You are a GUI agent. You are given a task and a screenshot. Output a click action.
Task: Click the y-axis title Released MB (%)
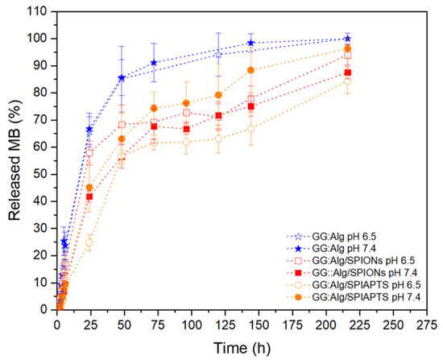click(x=14, y=160)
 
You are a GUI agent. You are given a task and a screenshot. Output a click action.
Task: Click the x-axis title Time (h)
click(x=242, y=348)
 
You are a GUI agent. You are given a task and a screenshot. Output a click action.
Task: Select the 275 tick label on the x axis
click(x=426, y=325)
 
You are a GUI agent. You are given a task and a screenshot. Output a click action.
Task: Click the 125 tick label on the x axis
click(x=225, y=325)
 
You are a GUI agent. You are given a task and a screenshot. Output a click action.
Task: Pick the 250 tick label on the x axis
click(x=393, y=325)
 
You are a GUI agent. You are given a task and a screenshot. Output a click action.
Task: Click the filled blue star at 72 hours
click(x=154, y=63)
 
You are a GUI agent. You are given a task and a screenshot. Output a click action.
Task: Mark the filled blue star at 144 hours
click(x=250, y=43)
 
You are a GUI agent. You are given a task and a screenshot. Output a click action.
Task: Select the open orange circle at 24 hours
click(x=89, y=242)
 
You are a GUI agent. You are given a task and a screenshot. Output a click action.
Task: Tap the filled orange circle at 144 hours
click(x=250, y=70)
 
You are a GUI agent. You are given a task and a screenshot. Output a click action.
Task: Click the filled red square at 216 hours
click(x=348, y=72)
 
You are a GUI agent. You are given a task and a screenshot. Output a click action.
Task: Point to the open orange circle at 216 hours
click(x=348, y=81)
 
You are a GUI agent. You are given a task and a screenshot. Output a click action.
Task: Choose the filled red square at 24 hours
click(x=89, y=197)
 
